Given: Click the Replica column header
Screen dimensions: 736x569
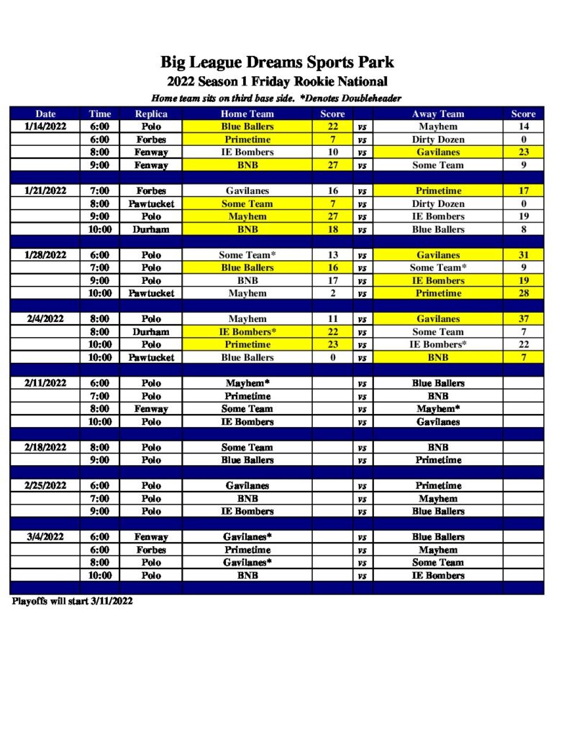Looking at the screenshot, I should pyautogui.click(x=151, y=114).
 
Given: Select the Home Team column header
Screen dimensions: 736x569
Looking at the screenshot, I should pyautogui.click(x=247, y=114).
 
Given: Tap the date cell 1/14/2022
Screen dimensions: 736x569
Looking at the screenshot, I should pyautogui.click(x=45, y=126).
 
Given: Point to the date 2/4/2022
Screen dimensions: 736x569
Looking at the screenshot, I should pyautogui.click(x=45, y=319).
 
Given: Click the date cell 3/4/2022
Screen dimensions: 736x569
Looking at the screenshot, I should pyautogui.click(x=45, y=537).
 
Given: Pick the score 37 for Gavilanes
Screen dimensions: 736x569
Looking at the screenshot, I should pyautogui.click(x=523, y=319).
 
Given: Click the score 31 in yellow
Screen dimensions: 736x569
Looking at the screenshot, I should pyautogui.click(x=523, y=255).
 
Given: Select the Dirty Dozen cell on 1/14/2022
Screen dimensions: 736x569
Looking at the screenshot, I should pyautogui.click(x=438, y=139).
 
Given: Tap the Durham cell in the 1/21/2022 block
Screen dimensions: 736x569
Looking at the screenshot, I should pyautogui.click(x=151, y=229).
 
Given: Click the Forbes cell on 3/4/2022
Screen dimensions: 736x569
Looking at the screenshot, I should pyautogui.click(x=151, y=550).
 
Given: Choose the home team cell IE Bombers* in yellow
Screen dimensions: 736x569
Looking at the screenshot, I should pyautogui.click(x=247, y=332).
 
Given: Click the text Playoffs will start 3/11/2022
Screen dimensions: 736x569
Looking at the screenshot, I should pyautogui.click(x=72, y=601).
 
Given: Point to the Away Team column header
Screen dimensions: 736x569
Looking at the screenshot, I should pyautogui.click(x=438, y=114).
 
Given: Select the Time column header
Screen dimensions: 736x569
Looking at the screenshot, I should pyautogui.click(x=100, y=114).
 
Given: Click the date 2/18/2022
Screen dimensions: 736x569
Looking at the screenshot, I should pyautogui.click(x=45, y=447).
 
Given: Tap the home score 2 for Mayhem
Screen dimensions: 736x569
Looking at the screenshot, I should pyautogui.click(x=332, y=293).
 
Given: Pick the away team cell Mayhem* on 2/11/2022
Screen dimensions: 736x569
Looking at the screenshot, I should pyautogui.click(x=438, y=409).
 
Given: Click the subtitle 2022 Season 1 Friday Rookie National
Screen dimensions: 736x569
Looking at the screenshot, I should pyautogui.click(x=277, y=81).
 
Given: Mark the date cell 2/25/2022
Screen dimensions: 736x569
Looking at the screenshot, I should pyautogui.click(x=45, y=486).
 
